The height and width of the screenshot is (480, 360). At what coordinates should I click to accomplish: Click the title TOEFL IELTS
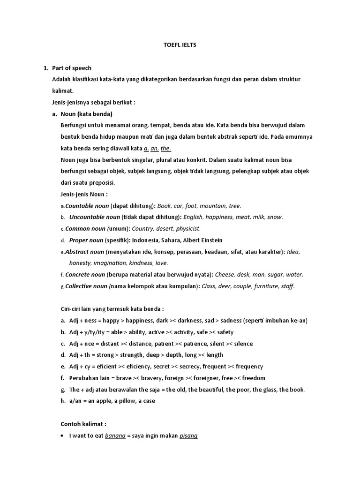pyautogui.click(x=180, y=45)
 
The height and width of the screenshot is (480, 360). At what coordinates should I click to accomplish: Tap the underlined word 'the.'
pyautogui.click(x=166, y=149)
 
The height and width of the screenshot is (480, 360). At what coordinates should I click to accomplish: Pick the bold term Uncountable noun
pyautogui.click(x=95, y=217)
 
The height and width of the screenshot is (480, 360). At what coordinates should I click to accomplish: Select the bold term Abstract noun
pyautogui.click(x=84, y=252)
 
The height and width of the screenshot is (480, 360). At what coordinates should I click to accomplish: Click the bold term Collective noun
pyautogui.click(x=86, y=286)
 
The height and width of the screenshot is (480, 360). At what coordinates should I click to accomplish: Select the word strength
pyautogui.click(x=136, y=355)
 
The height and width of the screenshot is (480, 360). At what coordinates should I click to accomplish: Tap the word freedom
pyautogui.click(x=252, y=378)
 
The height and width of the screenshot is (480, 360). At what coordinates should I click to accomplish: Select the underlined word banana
pyautogui.click(x=115, y=435)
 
